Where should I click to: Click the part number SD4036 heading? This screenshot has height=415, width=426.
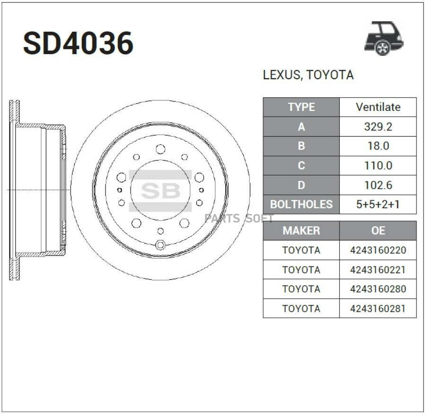78,43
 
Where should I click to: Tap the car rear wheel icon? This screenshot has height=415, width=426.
383,38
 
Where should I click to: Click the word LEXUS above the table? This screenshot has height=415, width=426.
282,75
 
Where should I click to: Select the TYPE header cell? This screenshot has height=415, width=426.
302,107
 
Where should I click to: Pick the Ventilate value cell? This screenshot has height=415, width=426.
378,107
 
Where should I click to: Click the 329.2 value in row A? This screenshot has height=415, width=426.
378,127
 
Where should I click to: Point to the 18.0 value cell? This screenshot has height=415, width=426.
378,146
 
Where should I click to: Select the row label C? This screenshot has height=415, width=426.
302,166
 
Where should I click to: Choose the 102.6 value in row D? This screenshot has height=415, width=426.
378,185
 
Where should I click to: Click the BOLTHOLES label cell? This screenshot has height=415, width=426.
302,204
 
